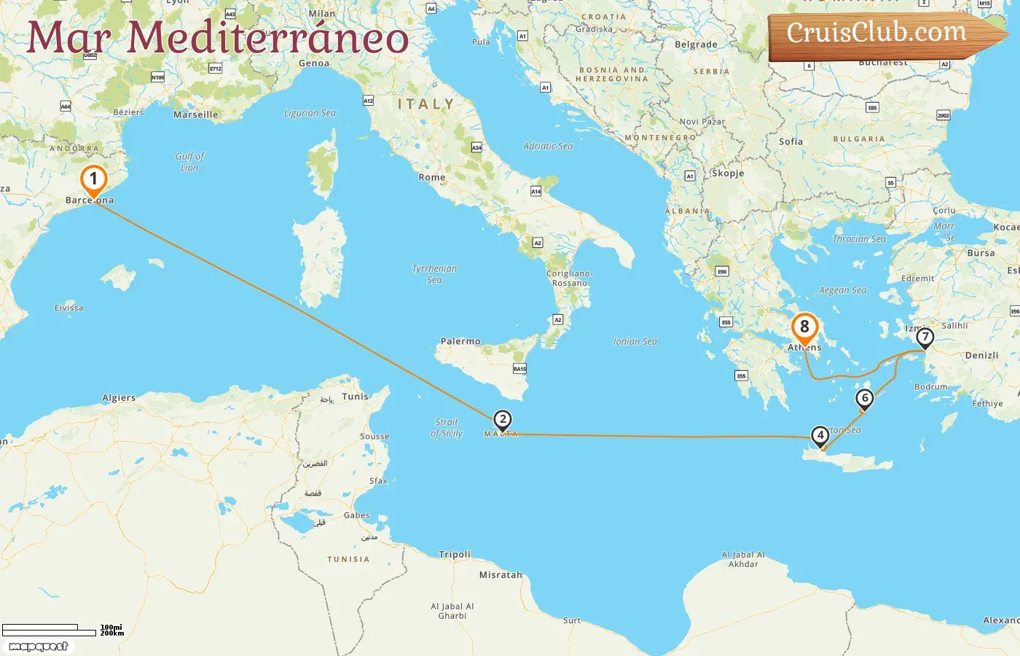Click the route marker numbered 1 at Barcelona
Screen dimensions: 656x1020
click(x=93, y=179)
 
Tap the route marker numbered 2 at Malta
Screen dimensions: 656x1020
click(x=502, y=420)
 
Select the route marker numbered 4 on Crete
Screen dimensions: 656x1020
click(x=820, y=436)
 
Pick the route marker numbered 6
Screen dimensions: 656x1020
click(x=865, y=398)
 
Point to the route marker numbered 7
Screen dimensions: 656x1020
click(x=925, y=337)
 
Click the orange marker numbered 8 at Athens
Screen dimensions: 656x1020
click(x=804, y=327)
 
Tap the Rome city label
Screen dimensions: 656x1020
click(x=432, y=177)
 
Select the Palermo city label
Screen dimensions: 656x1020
click(x=460, y=341)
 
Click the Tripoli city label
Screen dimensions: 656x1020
click(x=455, y=555)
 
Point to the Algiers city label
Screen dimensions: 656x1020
click(x=119, y=398)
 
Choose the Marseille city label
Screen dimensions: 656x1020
click(x=195, y=114)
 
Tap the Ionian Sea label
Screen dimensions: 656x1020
click(x=635, y=341)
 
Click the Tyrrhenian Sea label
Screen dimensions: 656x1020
click(x=434, y=274)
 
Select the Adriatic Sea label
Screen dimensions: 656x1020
click(x=548, y=146)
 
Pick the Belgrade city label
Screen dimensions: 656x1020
click(x=696, y=44)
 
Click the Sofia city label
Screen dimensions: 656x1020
click(x=790, y=141)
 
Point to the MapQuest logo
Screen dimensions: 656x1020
click(x=39, y=647)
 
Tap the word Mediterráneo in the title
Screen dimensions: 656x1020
click(x=267, y=38)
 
